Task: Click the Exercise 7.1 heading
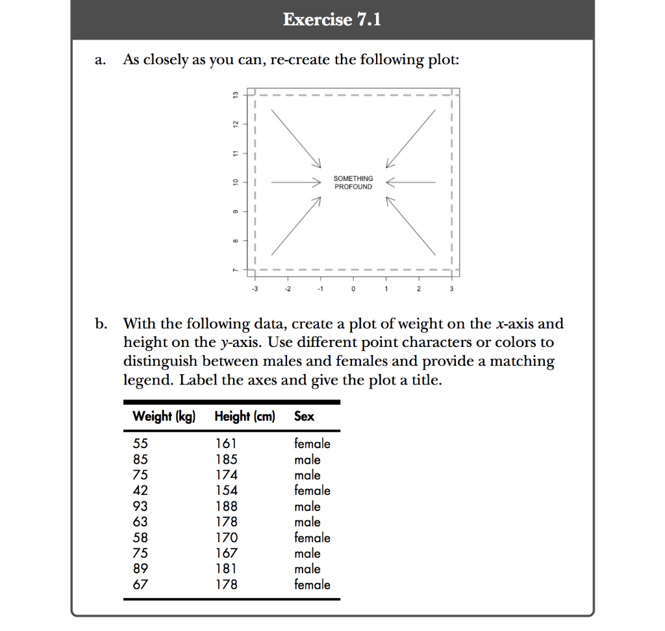click(332, 20)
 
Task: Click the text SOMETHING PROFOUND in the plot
click(353, 182)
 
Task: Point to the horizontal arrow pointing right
click(296, 183)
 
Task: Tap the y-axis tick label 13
click(236, 95)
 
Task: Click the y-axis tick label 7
click(236, 269)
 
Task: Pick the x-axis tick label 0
click(353, 289)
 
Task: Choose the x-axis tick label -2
click(287, 289)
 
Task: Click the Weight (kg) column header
click(164, 416)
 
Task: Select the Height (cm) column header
click(245, 416)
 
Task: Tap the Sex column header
click(304, 416)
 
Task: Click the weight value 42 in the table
click(140, 491)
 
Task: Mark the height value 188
click(226, 506)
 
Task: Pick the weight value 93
click(140, 506)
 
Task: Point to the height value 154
click(226, 491)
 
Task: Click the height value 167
click(226, 553)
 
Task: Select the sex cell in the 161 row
click(312, 444)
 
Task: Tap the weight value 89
click(140, 569)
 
